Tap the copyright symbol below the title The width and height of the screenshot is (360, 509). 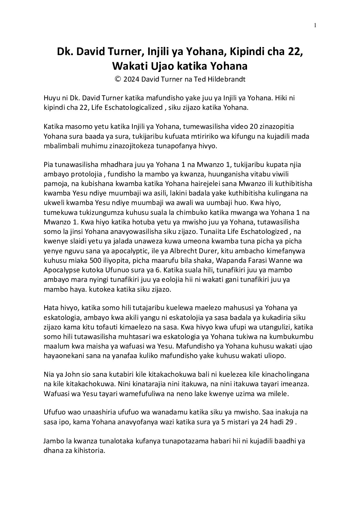(118, 79)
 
